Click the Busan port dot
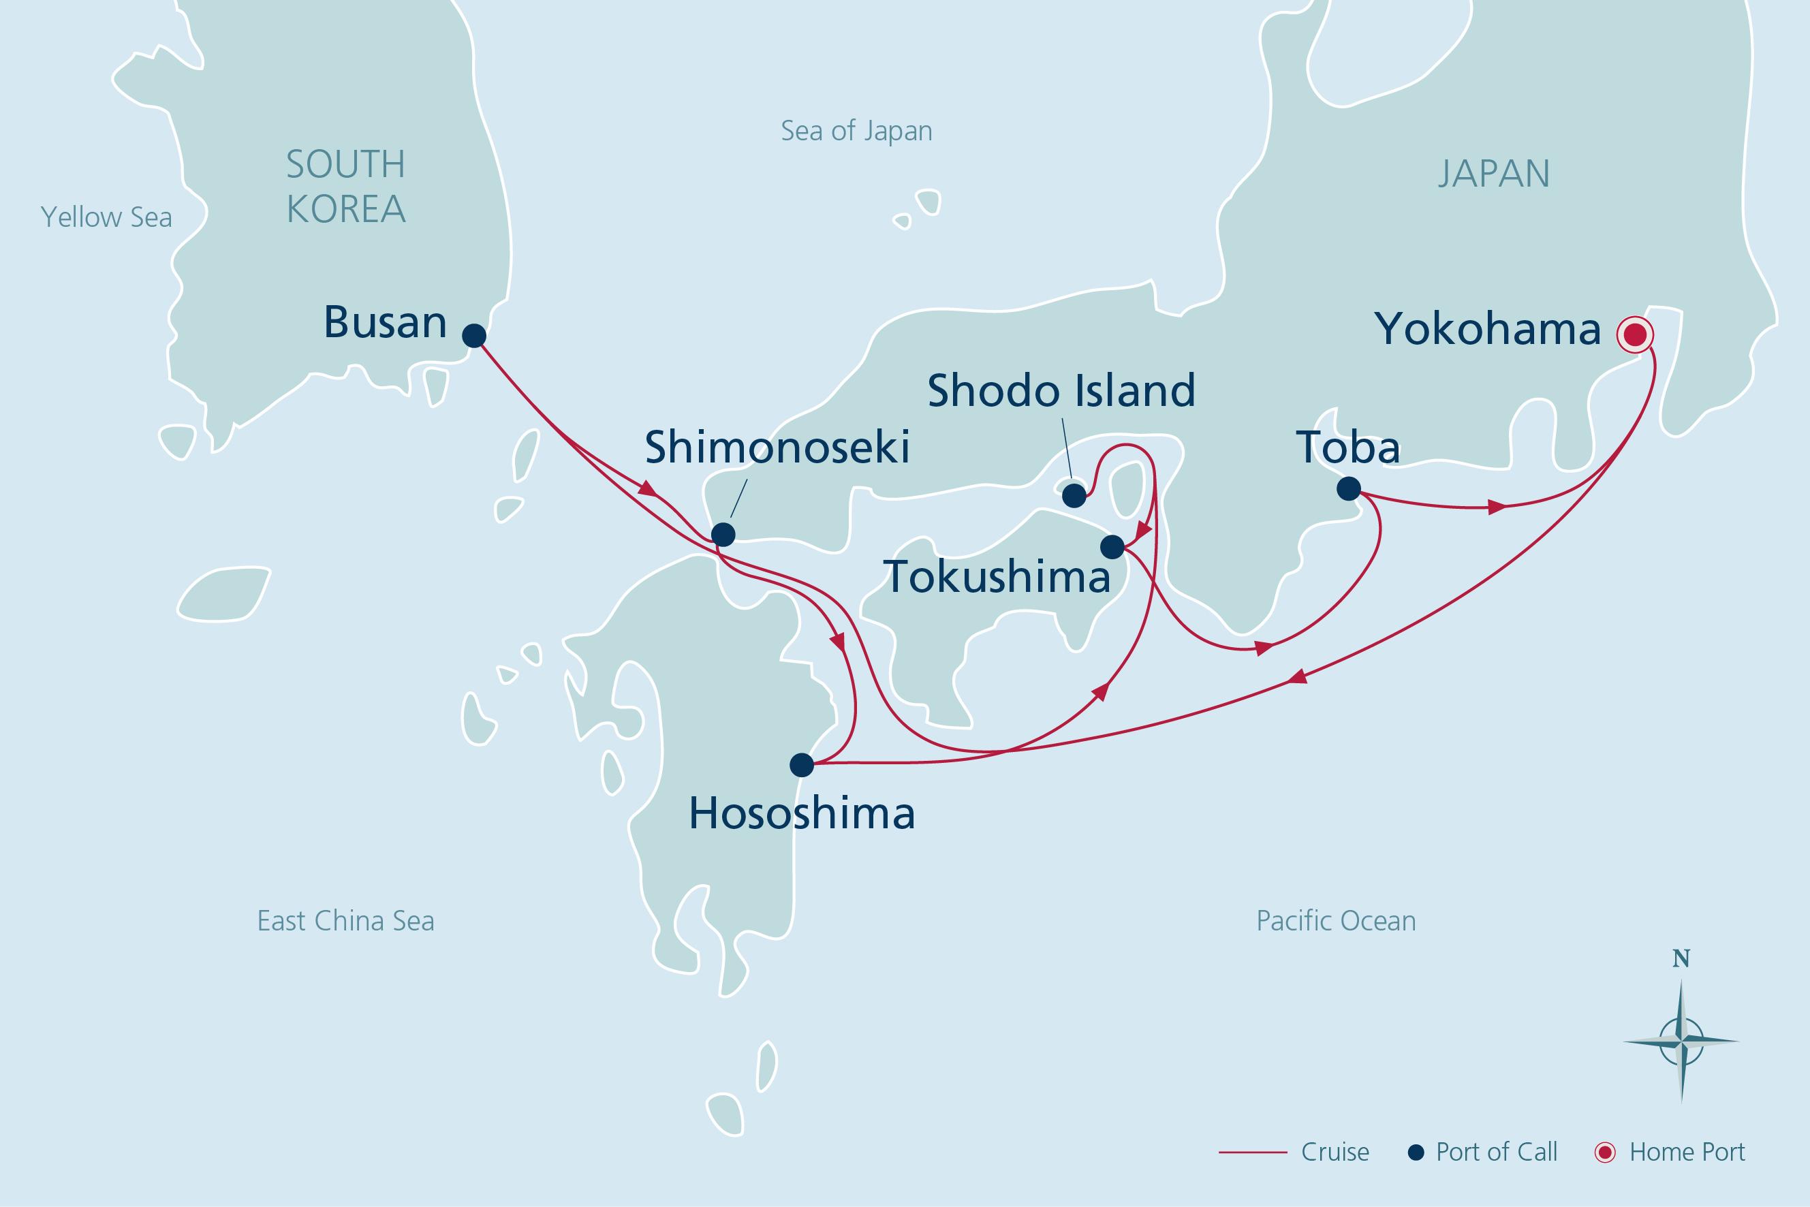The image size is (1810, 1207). pyautogui.click(x=473, y=336)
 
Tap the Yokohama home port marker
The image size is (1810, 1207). pyautogui.click(x=1634, y=336)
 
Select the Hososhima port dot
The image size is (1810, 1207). pyautogui.click(x=801, y=764)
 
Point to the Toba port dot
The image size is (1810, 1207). pyautogui.click(x=1348, y=488)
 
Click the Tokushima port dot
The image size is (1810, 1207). pyautogui.click(x=1112, y=546)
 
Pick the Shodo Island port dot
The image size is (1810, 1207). pyautogui.click(x=1074, y=495)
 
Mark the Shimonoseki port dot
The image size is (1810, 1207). pyautogui.click(x=722, y=533)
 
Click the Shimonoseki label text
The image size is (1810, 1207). pyautogui.click(x=777, y=448)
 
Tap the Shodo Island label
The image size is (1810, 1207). pyautogui.click(x=1061, y=391)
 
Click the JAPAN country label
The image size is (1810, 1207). pyautogui.click(x=1494, y=174)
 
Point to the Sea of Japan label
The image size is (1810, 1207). pyautogui.click(x=856, y=131)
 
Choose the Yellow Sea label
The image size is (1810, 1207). pyautogui.click(x=106, y=217)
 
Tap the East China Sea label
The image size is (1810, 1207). pyautogui.click(x=345, y=921)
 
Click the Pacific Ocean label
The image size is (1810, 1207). pyautogui.click(x=1336, y=921)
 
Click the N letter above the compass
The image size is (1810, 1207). pyautogui.click(x=1681, y=958)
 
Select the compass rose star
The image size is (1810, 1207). pyautogui.click(x=1681, y=1041)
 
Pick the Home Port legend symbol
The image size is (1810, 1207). pyautogui.click(x=1605, y=1153)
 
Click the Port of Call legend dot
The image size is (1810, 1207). pyautogui.click(x=1415, y=1153)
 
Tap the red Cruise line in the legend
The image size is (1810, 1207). pyautogui.click(x=1253, y=1153)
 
